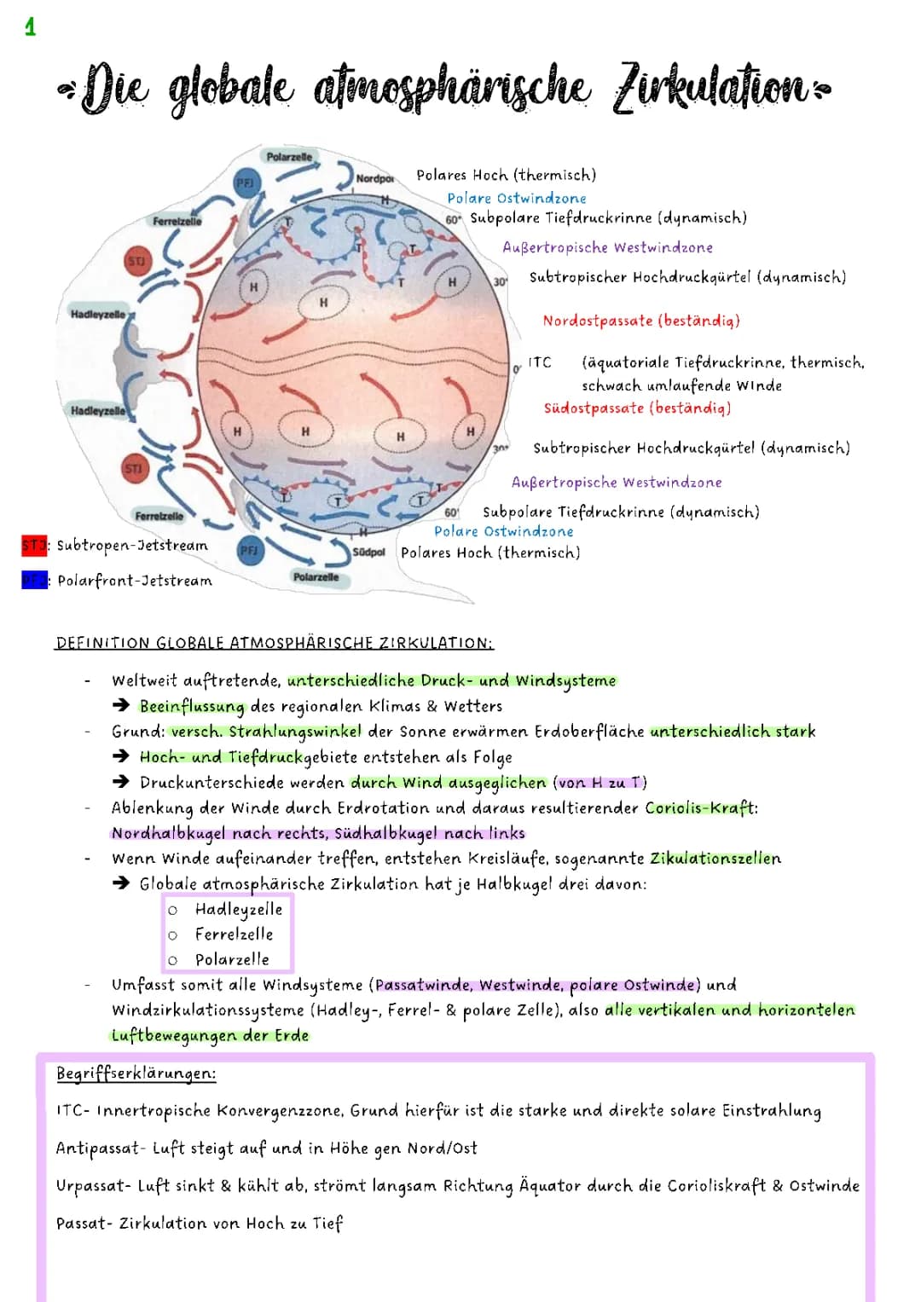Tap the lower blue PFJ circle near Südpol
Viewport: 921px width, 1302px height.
click(x=249, y=551)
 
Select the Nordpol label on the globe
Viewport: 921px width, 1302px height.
click(x=374, y=178)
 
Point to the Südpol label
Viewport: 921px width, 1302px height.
click(x=369, y=553)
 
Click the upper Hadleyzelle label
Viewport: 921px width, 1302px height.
click(x=97, y=315)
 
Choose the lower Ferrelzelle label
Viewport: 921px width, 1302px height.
click(x=159, y=516)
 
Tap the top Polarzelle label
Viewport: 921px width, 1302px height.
click(x=290, y=157)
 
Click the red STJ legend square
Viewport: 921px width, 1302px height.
click(x=33, y=545)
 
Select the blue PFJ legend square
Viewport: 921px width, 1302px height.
click(x=33, y=581)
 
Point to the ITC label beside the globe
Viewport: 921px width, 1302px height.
click(x=540, y=362)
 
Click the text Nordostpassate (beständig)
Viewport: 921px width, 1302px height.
click(x=641, y=321)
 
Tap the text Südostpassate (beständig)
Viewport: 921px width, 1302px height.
click(x=637, y=408)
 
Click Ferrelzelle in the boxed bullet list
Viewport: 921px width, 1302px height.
click(x=235, y=935)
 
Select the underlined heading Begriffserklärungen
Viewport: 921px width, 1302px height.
click(x=136, y=1073)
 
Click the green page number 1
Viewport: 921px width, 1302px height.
click(x=31, y=28)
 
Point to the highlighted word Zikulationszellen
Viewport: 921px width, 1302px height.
click(x=715, y=859)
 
